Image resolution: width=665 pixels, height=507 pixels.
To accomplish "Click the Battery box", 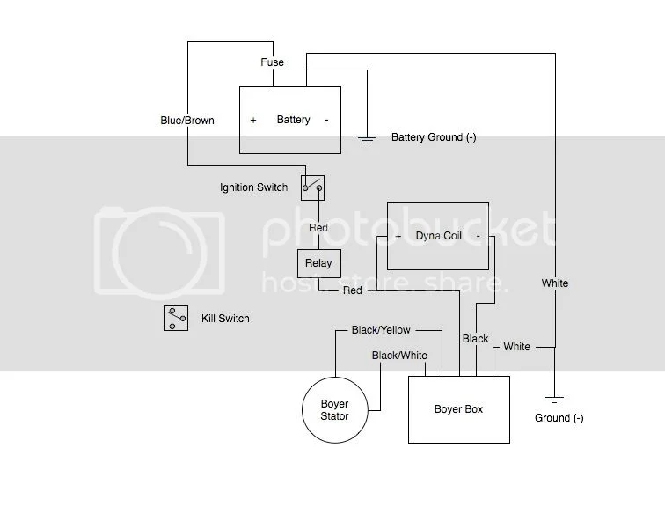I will point(291,120).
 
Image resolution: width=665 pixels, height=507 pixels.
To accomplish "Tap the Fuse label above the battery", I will point(271,63).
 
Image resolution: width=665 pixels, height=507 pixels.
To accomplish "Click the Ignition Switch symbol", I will point(313,186).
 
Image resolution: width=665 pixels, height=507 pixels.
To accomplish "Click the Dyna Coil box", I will point(438,236).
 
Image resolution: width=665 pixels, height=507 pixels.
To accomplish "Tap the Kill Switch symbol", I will point(176,318).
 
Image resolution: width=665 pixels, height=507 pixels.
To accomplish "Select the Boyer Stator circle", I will point(334,410).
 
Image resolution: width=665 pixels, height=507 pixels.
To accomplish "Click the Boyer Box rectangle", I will point(458,409).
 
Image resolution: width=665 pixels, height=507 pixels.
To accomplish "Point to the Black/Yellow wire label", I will point(381,330).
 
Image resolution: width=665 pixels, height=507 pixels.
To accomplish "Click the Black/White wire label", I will point(399,356).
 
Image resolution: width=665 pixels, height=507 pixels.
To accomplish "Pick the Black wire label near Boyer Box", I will point(475,339).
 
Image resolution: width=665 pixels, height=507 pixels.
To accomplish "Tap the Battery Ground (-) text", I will point(434,138).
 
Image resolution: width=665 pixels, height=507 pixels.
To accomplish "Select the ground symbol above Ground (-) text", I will point(555,397).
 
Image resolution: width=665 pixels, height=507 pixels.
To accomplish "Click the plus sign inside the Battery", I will point(253,121).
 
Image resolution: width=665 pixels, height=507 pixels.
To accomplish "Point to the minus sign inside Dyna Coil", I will point(478,237).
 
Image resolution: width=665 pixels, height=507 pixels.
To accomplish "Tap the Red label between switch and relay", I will point(318,228).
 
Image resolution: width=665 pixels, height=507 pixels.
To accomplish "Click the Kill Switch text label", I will point(225,318).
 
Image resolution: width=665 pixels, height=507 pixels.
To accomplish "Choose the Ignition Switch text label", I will point(253,187).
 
